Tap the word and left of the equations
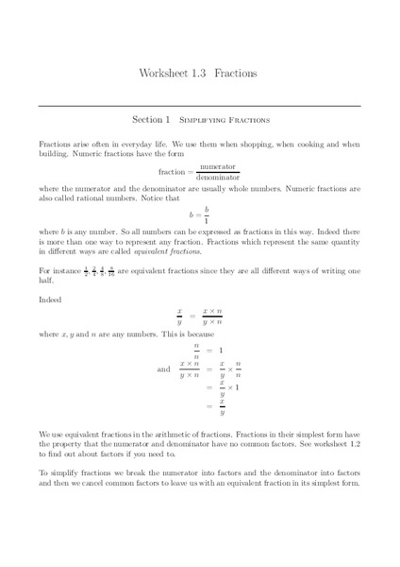(x=163, y=369)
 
